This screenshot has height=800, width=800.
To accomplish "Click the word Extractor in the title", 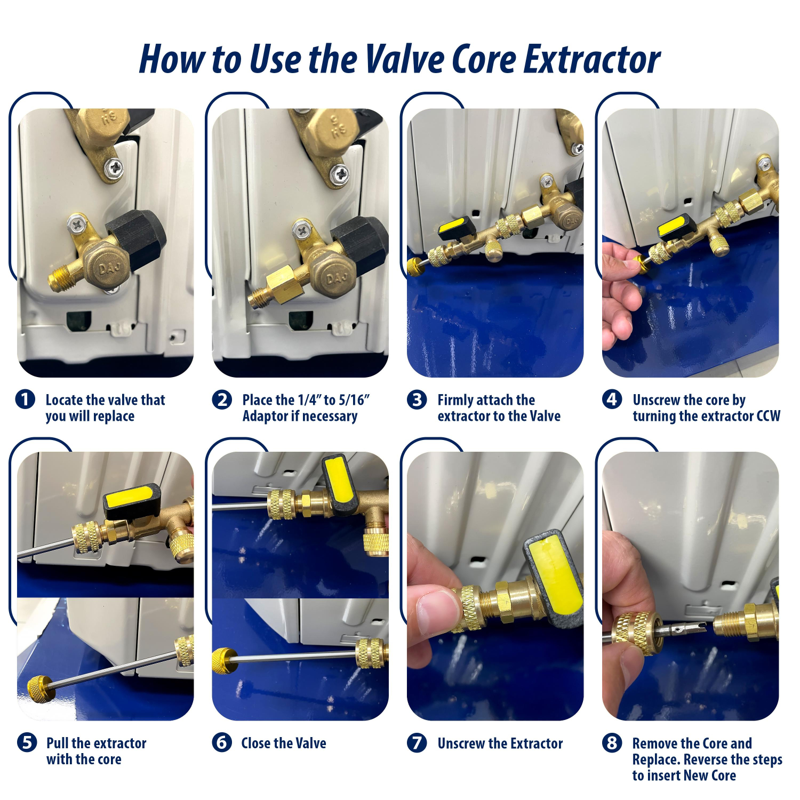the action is click(592, 59).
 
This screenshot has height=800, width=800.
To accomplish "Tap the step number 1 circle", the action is click(25, 399).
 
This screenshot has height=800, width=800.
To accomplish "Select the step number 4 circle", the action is click(612, 399).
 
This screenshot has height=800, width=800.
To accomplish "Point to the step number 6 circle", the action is click(222, 742).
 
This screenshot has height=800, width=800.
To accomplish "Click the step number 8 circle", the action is click(612, 742).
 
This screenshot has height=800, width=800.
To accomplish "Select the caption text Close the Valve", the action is click(284, 743).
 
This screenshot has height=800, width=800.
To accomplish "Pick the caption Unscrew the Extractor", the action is click(500, 743).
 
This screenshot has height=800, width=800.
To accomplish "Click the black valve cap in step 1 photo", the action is click(138, 238).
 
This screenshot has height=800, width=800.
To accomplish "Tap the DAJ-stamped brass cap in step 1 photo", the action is click(109, 267).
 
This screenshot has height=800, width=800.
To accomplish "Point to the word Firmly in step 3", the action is click(455, 400).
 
